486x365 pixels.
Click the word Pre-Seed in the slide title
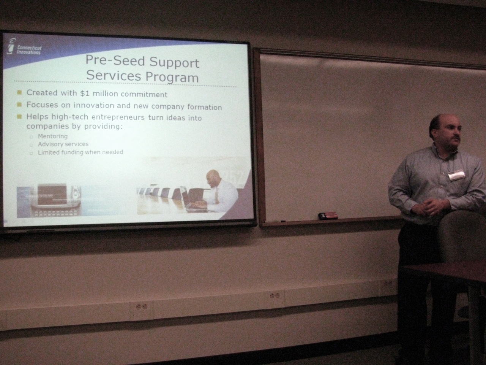pyautogui.click(x=115, y=60)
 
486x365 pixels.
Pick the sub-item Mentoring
pyautogui.click(x=53, y=136)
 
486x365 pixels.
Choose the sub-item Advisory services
pyautogui.click(x=63, y=144)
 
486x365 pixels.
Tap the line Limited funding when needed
pyautogui.click(x=80, y=152)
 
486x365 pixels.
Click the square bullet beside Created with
pyautogui.click(x=19, y=92)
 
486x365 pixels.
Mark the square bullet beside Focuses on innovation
pyautogui.click(x=19, y=105)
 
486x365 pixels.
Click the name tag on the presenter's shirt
pyautogui.click(x=456, y=175)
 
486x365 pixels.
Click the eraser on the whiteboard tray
pyautogui.click(x=328, y=216)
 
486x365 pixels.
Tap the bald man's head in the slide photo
pyautogui.click(x=213, y=177)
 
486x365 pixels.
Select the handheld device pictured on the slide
pyautogui.click(x=55, y=200)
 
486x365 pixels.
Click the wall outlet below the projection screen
pyautogui.click(x=142, y=306)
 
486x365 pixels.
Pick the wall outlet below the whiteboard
pyautogui.click(x=275, y=295)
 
